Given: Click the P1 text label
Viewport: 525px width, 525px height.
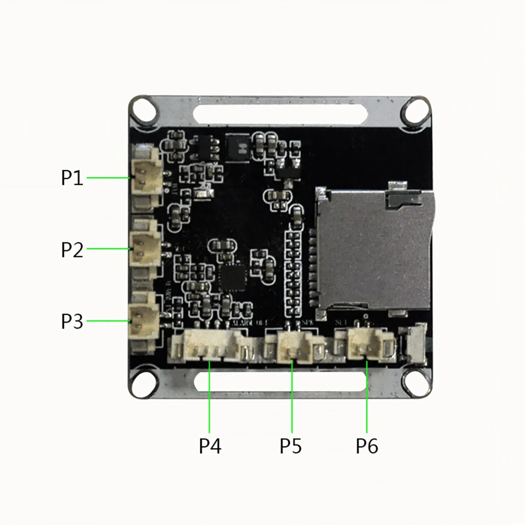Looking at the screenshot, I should pos(72,178).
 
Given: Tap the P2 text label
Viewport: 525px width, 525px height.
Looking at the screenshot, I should pos(72,249).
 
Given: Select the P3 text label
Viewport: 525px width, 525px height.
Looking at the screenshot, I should pos(72,321).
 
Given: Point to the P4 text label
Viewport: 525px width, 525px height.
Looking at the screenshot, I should pos(210,446).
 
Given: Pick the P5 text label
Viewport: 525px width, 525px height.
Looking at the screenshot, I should pos(291,446).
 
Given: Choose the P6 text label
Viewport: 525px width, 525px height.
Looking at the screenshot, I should pos(367,446).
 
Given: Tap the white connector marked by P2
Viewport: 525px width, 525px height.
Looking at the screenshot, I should pos(145,248).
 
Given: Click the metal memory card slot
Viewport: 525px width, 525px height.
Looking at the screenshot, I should pos(373,248).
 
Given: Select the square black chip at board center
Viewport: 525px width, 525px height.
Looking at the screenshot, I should pos(233,277).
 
